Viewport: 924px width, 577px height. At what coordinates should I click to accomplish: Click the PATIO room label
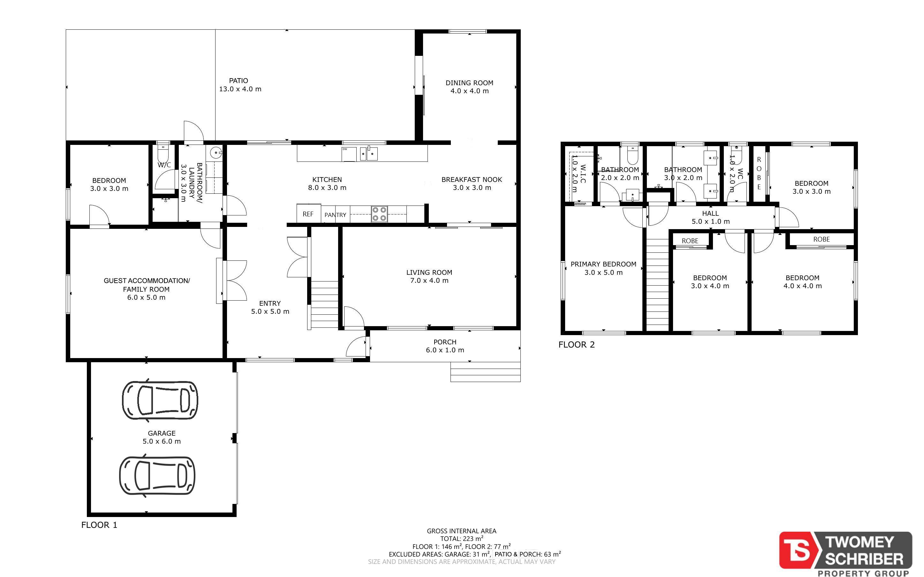point(239,80)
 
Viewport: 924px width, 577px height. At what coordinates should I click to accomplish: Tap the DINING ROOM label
point(469,83)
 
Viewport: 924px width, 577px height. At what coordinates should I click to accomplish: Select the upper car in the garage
point(160,400)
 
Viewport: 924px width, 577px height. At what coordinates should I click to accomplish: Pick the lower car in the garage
point(157,476)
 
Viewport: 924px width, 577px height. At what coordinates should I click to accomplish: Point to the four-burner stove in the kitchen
point(379,214)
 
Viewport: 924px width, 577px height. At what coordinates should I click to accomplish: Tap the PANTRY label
point(335,215)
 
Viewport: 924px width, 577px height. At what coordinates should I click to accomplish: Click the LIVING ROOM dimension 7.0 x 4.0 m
point(429,281)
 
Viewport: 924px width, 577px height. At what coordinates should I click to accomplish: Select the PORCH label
point(445,342)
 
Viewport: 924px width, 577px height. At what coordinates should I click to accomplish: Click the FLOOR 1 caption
point(99,525)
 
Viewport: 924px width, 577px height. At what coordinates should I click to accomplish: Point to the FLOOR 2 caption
point(577,345)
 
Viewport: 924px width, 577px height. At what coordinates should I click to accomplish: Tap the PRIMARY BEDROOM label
point(603,264)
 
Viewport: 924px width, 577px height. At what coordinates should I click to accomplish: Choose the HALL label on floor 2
point(710,213)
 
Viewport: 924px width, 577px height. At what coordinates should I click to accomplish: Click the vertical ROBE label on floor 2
point(759,173)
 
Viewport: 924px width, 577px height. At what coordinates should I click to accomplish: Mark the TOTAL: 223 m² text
point(462,538)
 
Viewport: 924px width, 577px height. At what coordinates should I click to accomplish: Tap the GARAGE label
point(162,433)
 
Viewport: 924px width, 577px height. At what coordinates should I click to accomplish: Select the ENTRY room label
point(270,303)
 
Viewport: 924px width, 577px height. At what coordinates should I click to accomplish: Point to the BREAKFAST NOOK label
point(472,179)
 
